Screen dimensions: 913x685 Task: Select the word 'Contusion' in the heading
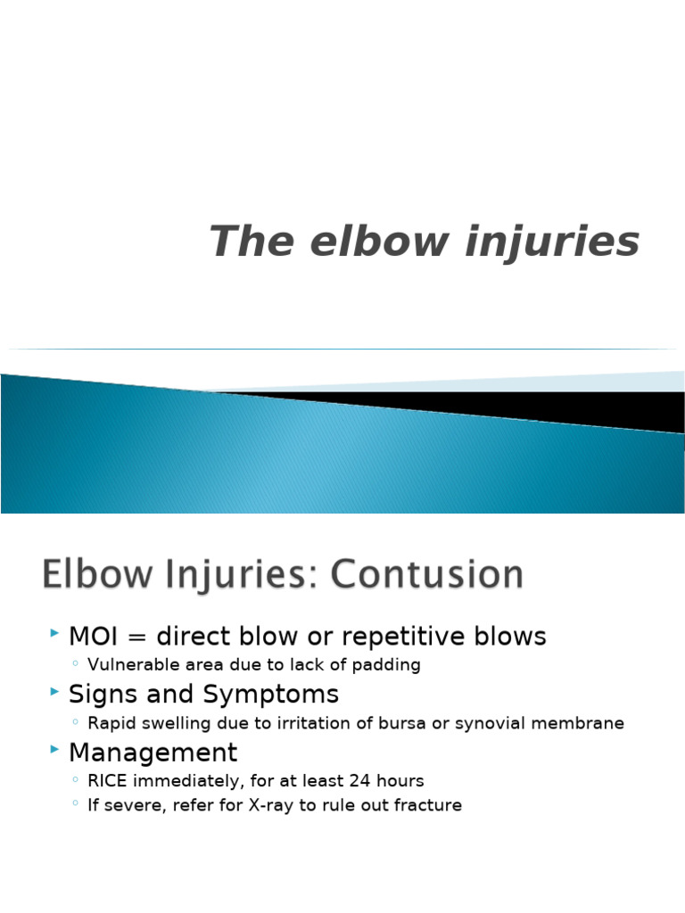click(427, 575)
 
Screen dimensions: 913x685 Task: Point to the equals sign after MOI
click(137, 637)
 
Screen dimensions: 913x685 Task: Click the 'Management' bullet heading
click(153, 753)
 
